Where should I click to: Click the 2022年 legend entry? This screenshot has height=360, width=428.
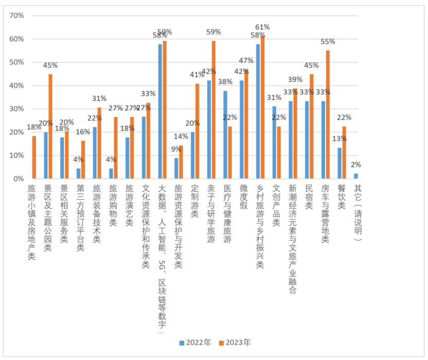pos(196,342)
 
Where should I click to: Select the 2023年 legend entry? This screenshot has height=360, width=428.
pos(235,342)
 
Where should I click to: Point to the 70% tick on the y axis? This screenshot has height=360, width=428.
pos(17,15)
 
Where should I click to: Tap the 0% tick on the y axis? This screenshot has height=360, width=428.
pos(19,179)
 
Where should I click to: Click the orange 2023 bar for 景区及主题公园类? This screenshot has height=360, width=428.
pos(50,127)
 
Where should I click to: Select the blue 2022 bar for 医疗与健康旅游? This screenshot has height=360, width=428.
pos(225,134)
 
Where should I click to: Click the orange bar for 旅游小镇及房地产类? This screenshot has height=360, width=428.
pos(34,157)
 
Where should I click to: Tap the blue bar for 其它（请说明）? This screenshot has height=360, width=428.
pos(355,176)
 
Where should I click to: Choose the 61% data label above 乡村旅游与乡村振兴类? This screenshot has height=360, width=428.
pos(263,27)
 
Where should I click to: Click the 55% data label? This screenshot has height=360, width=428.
pos(328,42)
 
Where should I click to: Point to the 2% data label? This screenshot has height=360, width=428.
pos(356,165)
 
